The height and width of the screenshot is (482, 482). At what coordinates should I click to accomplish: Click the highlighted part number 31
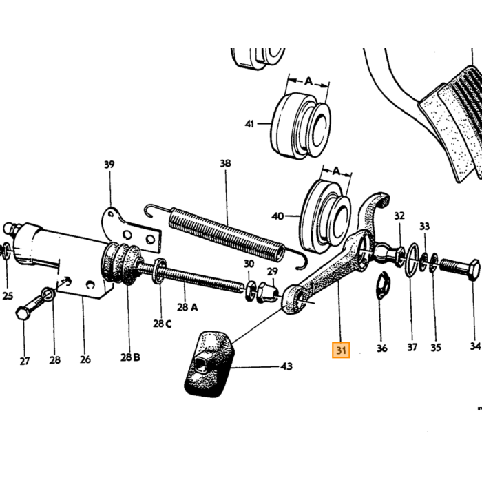pos(341,350)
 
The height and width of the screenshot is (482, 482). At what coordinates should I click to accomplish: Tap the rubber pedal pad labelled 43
pos(209,364)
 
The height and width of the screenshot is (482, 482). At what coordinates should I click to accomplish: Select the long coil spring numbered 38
pos(226,235)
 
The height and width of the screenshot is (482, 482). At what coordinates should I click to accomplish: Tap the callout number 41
pos(249,124)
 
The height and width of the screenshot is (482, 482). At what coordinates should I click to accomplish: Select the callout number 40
pos(277,216)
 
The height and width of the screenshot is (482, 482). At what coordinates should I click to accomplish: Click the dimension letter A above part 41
pos(308,81)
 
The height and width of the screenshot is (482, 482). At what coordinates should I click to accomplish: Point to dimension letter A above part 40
pos(337,171)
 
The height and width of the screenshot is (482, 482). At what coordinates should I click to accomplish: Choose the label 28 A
pos(187,307)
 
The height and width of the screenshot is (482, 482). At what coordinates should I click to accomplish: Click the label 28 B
pos(130,357)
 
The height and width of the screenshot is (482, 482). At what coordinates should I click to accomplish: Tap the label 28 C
pos(163,324)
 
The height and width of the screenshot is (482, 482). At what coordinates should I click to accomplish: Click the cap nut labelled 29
pos(267,293)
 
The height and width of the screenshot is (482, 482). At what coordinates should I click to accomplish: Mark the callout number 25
pos(8,296)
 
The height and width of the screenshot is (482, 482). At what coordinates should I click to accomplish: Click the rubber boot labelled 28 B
pos(121,263)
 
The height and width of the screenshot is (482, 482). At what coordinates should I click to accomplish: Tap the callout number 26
pos(85,359)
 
